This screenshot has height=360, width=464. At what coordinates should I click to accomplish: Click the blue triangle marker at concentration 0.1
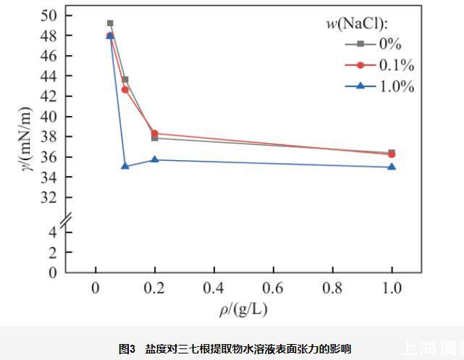(125, 166)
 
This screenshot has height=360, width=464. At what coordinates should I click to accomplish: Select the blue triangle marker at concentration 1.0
(392, 167)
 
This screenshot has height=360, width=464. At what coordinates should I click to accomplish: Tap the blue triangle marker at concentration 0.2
(155, 159)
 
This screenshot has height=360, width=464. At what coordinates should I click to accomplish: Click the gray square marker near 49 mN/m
(110, 23)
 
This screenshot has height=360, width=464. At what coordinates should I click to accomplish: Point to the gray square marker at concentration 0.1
(125, 80)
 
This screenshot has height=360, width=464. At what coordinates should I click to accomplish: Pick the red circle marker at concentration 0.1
(125, 90)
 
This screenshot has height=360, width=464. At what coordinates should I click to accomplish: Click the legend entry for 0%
(379, 44)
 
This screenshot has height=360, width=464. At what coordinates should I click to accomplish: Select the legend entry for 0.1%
(379, 65)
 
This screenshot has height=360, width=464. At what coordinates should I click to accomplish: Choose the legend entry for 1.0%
(379, 86)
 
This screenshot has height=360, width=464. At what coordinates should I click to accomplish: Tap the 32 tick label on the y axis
(52, 197)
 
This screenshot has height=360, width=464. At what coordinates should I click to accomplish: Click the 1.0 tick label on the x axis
(392, 287)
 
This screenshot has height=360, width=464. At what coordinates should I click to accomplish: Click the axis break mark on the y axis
(66, 217)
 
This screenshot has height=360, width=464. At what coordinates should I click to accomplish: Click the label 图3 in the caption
(127, 348)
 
